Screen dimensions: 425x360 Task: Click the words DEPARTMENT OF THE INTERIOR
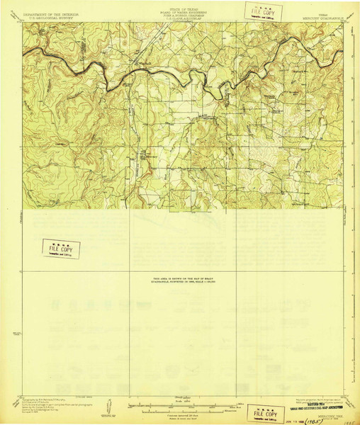point(45,13)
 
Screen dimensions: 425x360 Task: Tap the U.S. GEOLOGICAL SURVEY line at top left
point(45,18)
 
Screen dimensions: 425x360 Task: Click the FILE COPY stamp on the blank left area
point(60,249)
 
